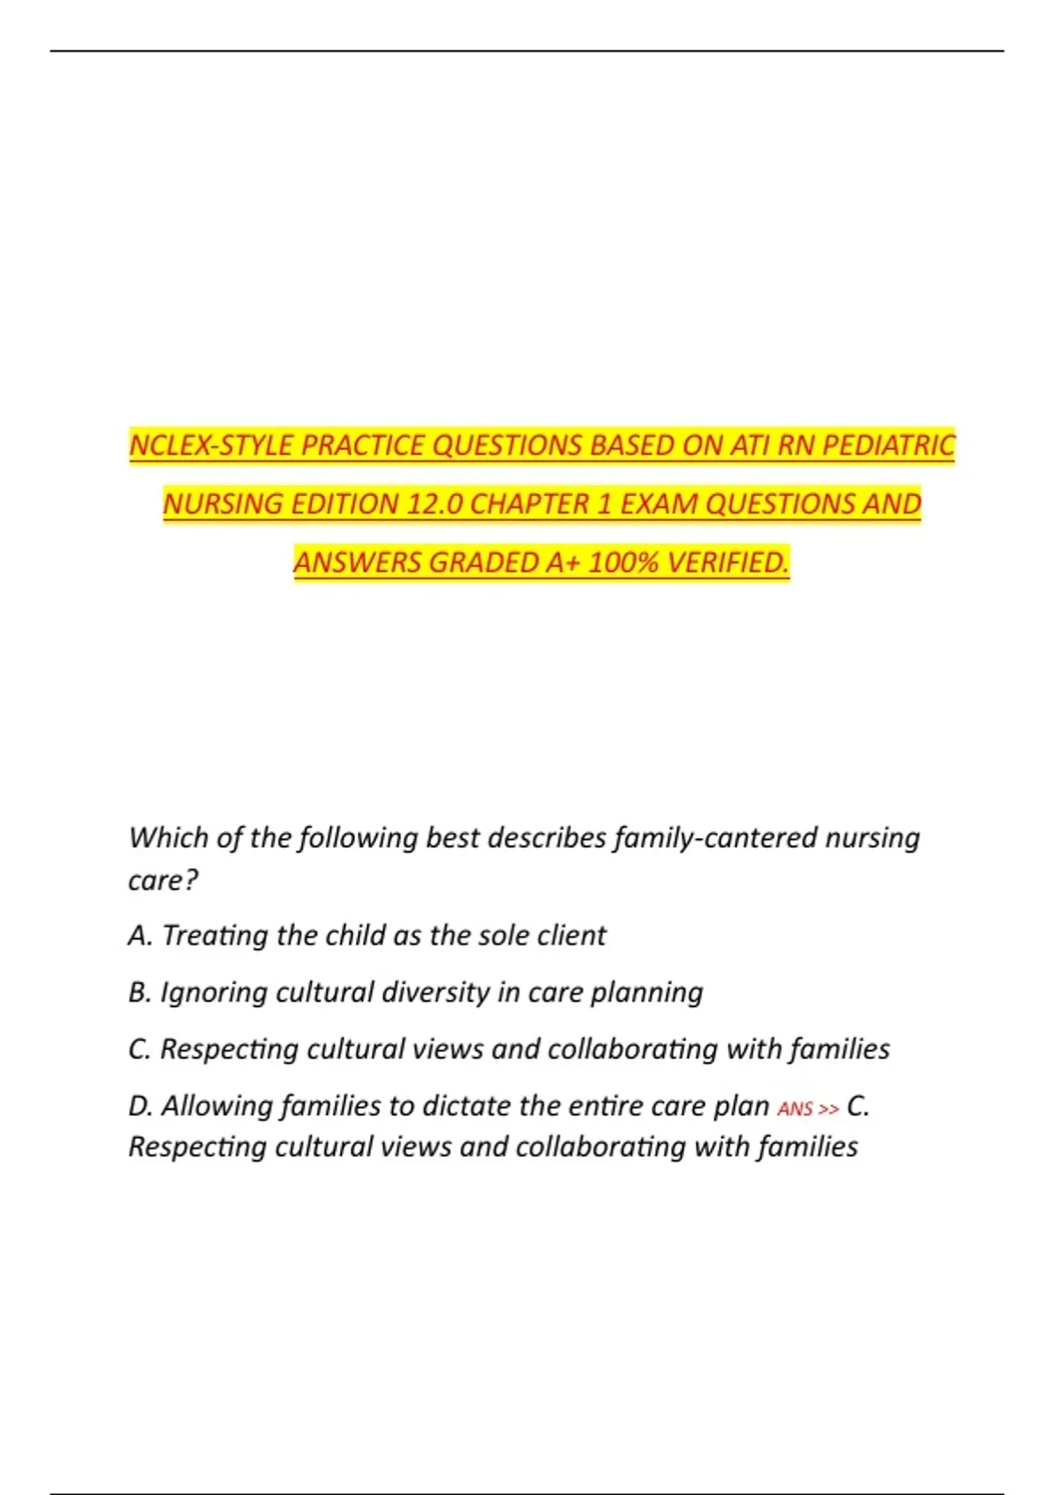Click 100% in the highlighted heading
click(x=622, y=562)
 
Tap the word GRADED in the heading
click(x=483, y=562)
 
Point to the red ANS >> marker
click(x=808, y=1109)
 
